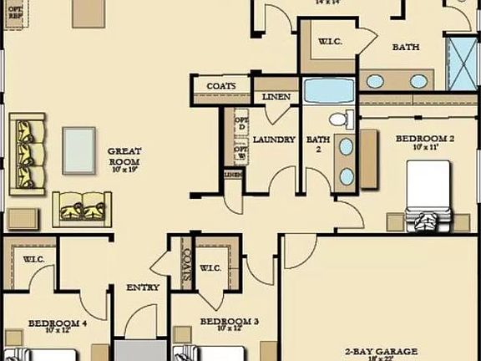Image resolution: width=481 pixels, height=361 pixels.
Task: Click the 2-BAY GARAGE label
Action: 381,353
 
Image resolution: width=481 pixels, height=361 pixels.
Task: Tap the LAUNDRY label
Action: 274,140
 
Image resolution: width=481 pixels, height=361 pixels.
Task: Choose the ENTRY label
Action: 143,287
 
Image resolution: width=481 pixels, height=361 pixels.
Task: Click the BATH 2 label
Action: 317,145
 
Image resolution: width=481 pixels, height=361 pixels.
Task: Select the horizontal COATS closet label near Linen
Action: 221,86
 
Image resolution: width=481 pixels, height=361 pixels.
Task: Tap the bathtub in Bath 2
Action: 328,89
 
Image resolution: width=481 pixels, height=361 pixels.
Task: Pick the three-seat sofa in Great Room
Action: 28,153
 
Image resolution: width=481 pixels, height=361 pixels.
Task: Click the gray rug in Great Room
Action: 78,150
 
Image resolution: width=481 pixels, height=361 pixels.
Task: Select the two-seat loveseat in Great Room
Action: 84,209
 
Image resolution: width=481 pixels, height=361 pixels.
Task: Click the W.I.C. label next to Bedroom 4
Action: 33,259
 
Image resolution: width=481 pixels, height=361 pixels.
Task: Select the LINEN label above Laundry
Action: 276,97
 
